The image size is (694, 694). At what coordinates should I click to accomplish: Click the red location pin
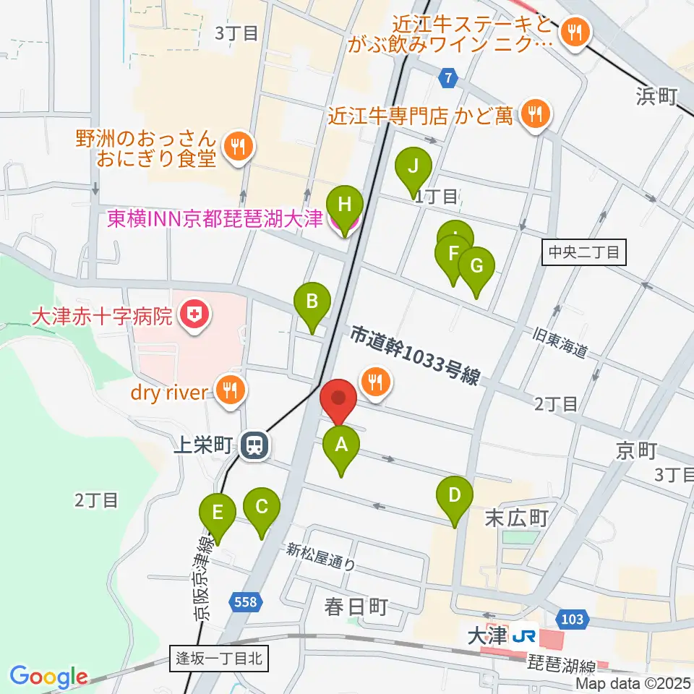point(338,400)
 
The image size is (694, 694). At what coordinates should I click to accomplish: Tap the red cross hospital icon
point(194,315)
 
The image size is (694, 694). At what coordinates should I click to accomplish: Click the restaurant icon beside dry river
point(231,391)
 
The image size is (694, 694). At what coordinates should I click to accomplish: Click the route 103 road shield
point(570,618)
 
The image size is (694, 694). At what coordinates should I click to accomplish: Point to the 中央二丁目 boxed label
point(584,252)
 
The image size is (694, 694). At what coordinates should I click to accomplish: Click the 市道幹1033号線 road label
point(416,356)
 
